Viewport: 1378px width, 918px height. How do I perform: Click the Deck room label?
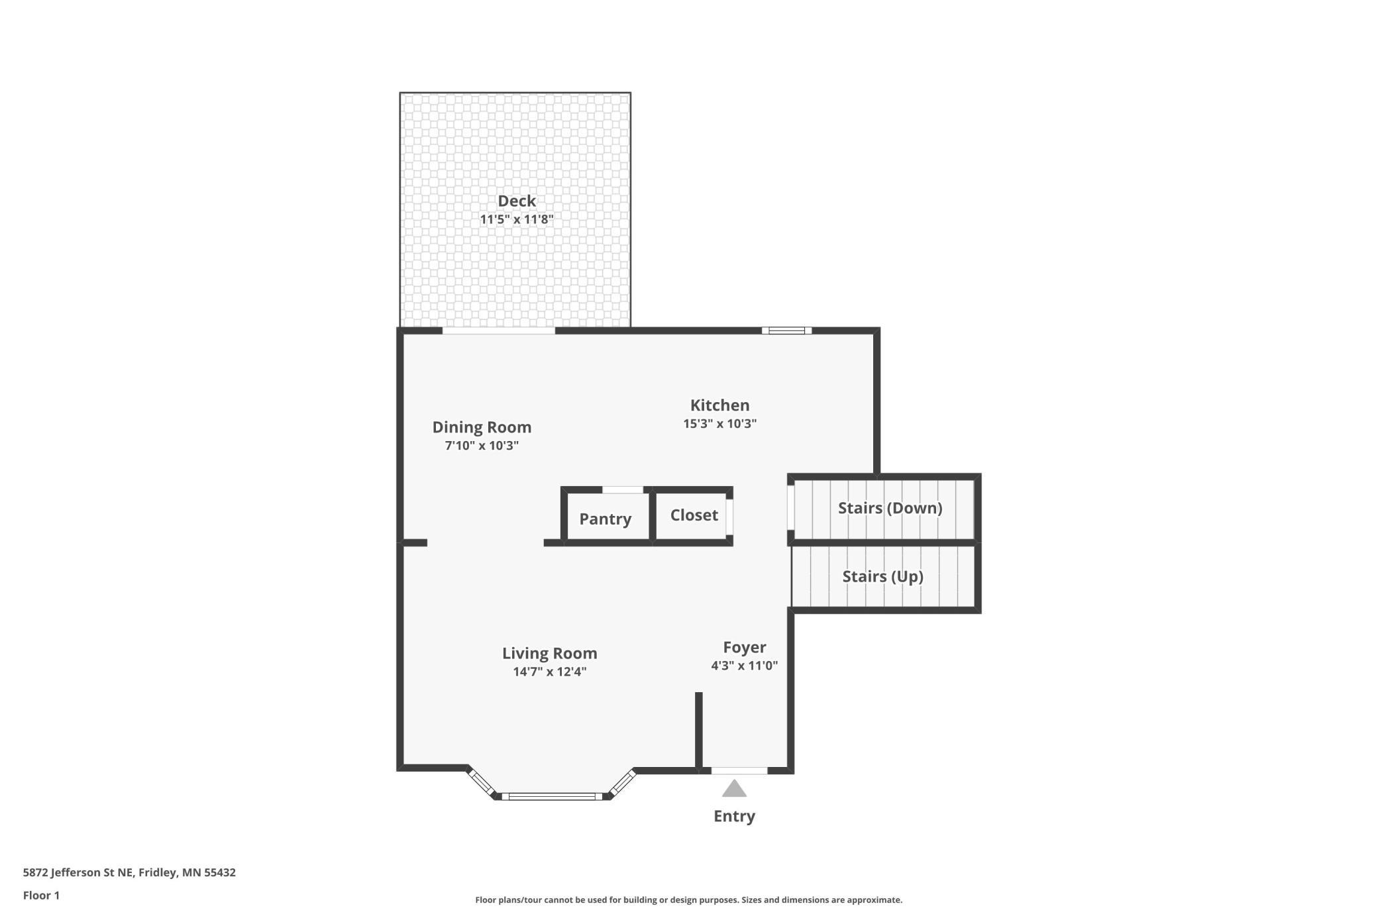(517, 201)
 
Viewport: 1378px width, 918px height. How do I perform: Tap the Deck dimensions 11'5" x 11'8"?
(517, 219)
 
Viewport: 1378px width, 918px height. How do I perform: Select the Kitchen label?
(720, 405)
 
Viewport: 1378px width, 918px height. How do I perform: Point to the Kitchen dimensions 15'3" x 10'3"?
(720, 423)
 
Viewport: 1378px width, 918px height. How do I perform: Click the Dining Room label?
(482, 427)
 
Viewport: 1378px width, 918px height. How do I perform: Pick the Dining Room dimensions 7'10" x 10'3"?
(482, 445)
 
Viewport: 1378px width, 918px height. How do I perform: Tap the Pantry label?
(606, 519)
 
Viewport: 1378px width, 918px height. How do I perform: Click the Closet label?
(694, 515)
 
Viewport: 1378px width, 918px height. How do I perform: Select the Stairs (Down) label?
(890, 508)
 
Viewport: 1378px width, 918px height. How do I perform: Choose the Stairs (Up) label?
(883, 576)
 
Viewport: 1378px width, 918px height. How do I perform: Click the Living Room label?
(550, 653)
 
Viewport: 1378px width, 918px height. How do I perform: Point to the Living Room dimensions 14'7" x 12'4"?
(550, 672)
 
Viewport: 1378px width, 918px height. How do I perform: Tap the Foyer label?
(745, 647)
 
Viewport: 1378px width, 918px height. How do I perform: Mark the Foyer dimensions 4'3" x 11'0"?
(745, 666)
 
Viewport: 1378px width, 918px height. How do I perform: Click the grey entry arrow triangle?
(734, 789)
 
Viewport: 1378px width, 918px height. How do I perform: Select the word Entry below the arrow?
(734, 816)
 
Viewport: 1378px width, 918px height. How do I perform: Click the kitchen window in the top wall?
(786, 331)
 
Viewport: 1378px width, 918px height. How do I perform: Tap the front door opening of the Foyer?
(739, 770)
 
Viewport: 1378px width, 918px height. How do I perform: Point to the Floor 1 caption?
(41, 895)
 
